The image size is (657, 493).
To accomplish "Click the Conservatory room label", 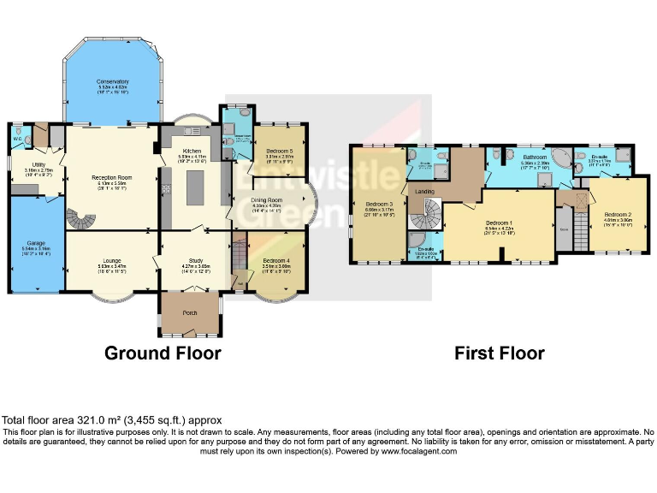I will pyautogui.click(x=112, y=82).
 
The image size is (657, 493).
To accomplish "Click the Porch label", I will pyautogui.click(x=190, y=312).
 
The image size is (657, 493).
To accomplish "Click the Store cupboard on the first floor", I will pyautogui.click(x=565, y=229).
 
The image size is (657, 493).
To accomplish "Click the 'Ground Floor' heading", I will pyautogui.click(x=163, y=353).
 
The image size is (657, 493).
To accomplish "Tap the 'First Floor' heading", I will pyautogui.click(x=499, y=353).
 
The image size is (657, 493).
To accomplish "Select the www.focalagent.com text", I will pyautogui.click(x=419, y=451).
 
